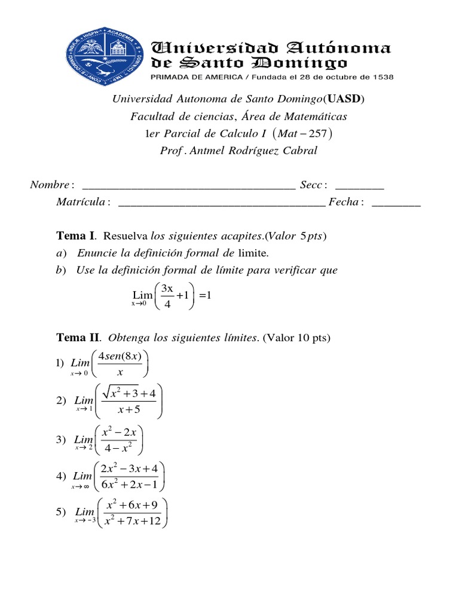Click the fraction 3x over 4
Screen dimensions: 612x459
167,296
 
